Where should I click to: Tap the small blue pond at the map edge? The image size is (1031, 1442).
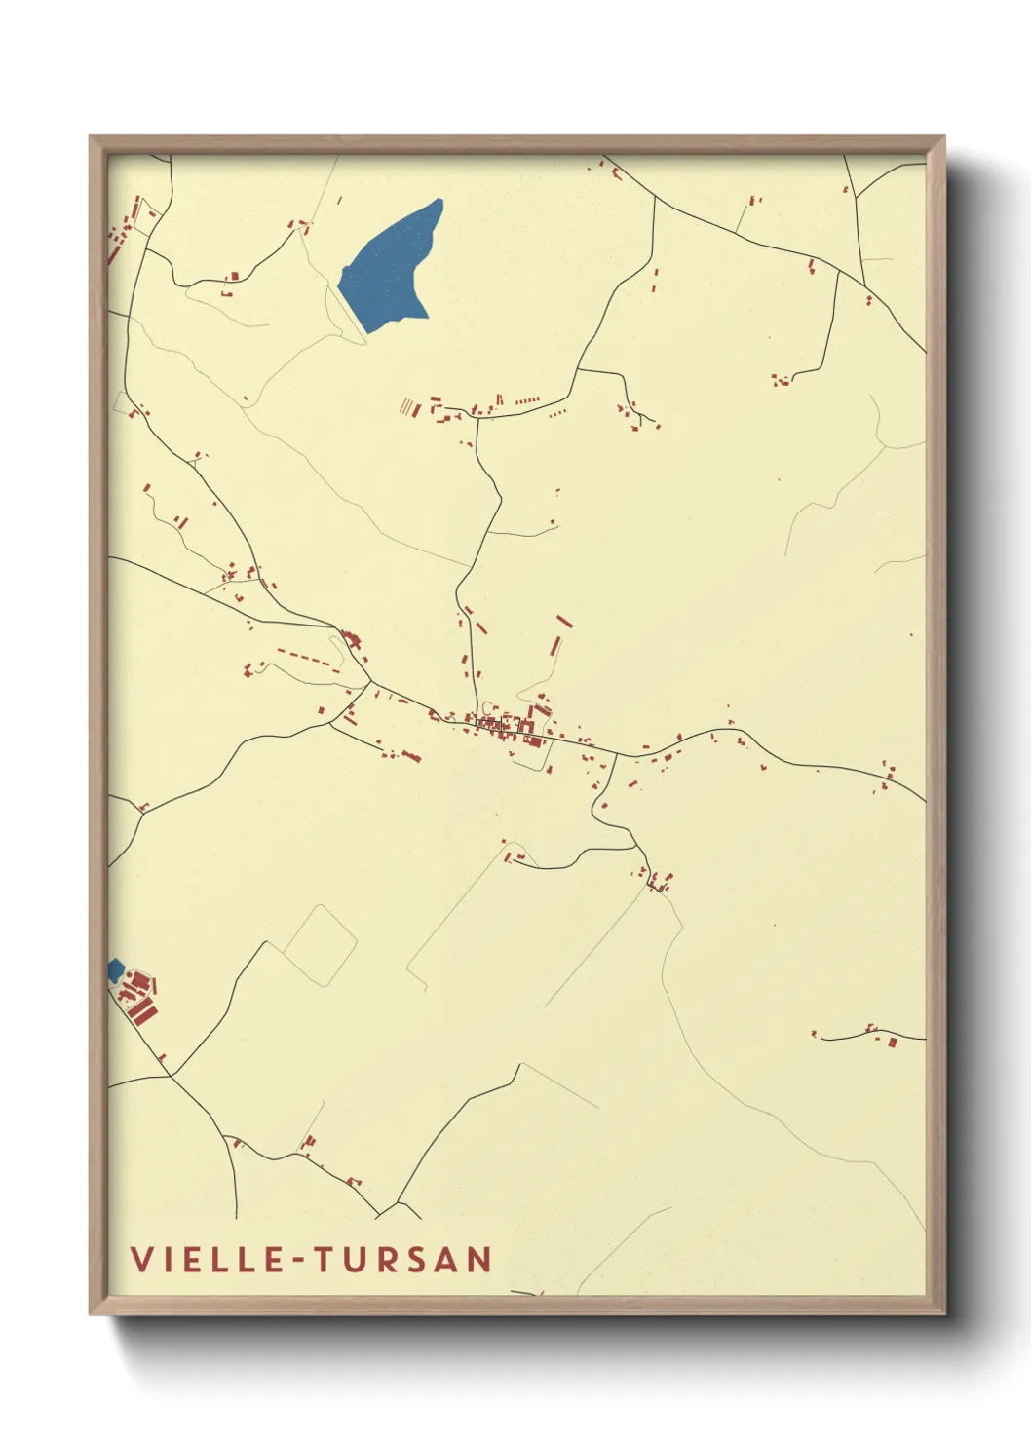click(115, 969)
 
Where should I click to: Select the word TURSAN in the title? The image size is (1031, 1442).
click(402, 1259)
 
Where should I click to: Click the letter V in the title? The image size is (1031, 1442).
click(142, 1259)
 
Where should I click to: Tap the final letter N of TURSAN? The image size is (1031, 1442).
click(478, 1259)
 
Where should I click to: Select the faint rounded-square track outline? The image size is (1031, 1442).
click(321, 942)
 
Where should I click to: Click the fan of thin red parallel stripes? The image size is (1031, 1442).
click(407, 406)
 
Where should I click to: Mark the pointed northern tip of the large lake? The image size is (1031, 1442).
click(439, 202)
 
